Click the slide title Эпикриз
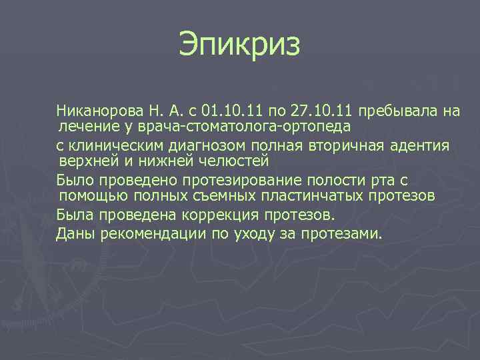[x=240, y=46]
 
